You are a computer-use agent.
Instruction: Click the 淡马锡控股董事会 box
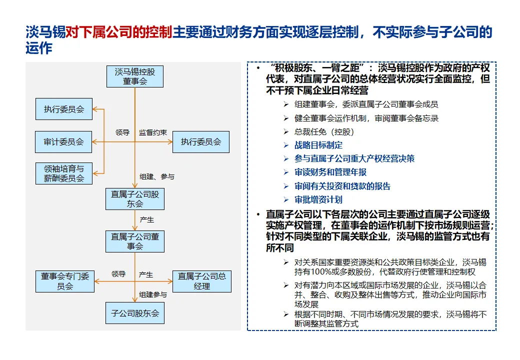[135, 76]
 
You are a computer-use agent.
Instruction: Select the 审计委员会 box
[63, 142]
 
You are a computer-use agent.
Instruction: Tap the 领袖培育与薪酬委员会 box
[63, 173]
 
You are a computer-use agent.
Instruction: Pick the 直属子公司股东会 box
[135, 198]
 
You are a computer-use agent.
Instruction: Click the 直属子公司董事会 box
[135, 241]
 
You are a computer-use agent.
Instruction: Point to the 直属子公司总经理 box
[202, 281]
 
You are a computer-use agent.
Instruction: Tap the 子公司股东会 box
[135, 313]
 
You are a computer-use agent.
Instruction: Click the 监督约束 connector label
[153, 132]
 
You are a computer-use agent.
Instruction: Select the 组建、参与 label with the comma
[157, 176]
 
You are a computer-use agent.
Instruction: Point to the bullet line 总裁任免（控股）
[324, 132]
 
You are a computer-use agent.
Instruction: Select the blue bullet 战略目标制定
[318, 145]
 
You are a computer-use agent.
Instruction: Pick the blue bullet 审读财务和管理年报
[330, 172]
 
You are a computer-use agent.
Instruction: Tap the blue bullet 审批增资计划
[318, 199]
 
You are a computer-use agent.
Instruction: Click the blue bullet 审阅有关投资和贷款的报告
[342, 186]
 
